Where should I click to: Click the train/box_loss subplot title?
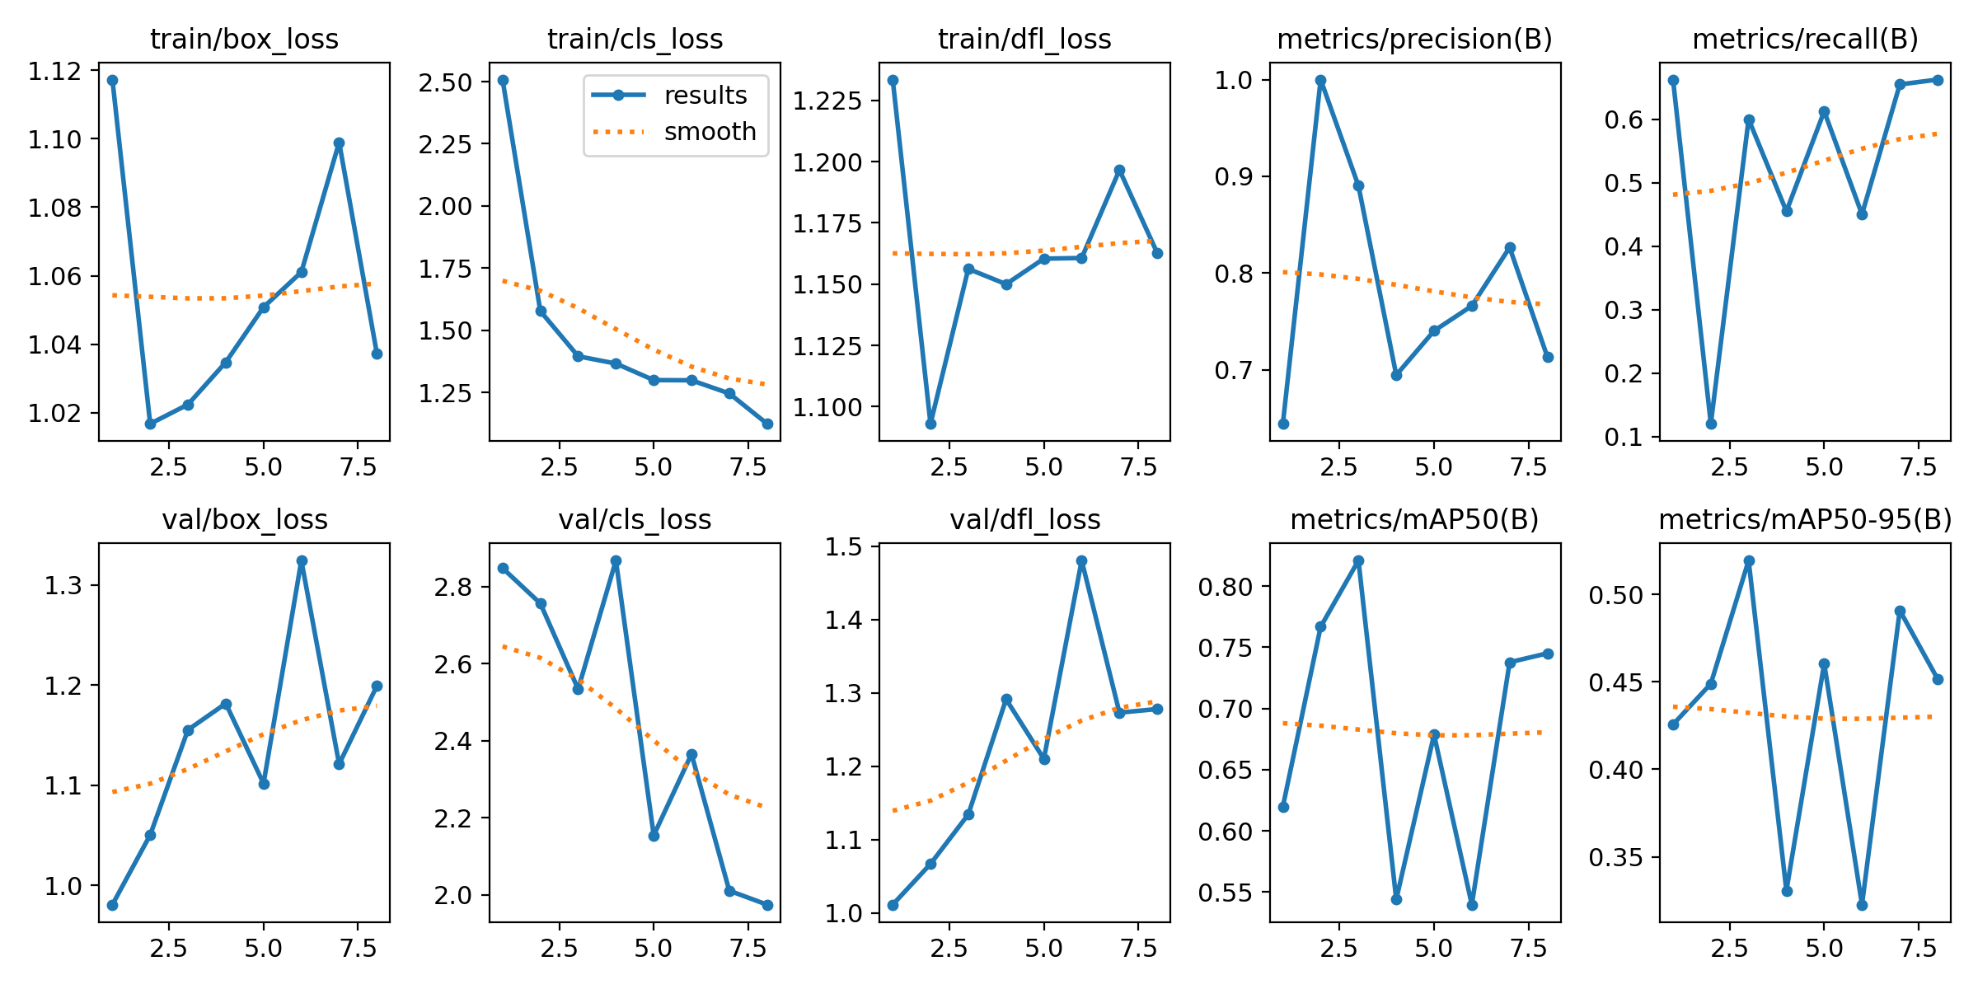point(244,39)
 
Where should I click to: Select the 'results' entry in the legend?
point(705,96)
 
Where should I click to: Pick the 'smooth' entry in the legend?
point(710,132)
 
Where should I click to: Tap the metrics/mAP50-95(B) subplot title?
point(1805,519)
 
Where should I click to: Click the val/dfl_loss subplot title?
point(1024,519)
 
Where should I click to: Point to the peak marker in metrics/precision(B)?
point(1320,81)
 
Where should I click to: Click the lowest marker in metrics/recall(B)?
point(1711,424)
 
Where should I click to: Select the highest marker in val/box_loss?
point(302,560)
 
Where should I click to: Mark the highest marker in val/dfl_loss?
point(1081,560)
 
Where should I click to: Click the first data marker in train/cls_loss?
point(503,81)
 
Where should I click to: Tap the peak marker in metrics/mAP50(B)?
point(1358,560)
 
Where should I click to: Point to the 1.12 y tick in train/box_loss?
point(55,72)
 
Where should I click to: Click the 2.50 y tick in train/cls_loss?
point(445,82)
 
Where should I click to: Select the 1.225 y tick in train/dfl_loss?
point(827,101)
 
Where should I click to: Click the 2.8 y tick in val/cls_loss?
point(453,587)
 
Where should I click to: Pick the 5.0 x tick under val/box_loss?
point(263,948)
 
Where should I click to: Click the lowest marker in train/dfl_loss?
point(930,424)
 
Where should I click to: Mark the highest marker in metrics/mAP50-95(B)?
point(1749,560)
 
